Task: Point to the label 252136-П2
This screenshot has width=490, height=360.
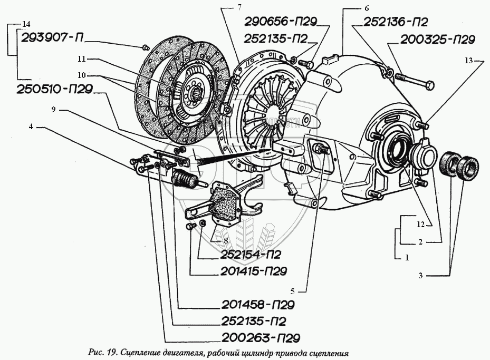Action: click(x=395, y=22)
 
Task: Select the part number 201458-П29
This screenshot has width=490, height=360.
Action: click(x=257, y=305)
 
